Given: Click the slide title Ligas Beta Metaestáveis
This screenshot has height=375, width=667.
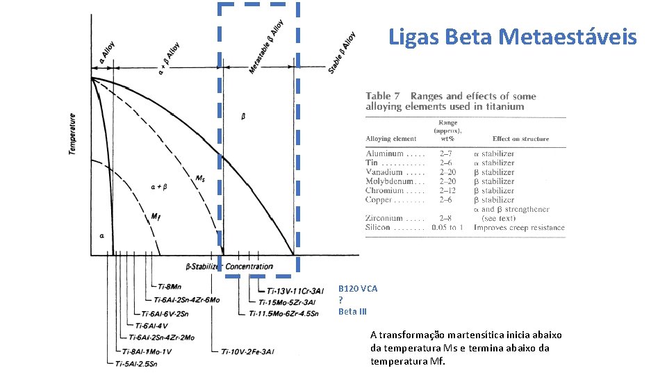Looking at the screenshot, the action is point(512,36).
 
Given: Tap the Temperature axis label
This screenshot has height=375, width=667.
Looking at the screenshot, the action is point(73,135).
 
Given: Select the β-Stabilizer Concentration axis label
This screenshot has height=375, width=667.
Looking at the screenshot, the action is point(229,267).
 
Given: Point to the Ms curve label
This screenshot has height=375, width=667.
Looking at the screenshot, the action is point(200,179).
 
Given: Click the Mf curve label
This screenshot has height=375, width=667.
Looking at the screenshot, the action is point(156,217).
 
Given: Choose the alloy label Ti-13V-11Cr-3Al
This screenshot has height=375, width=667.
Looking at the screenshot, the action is point(291,291).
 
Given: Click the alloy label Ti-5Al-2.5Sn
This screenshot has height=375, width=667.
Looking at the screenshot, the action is point(136,363).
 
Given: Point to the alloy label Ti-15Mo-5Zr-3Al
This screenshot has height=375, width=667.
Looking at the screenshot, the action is point(287,302).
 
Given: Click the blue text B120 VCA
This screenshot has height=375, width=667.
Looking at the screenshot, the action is point(358,288).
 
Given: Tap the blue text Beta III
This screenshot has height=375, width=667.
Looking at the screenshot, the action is point(352,312).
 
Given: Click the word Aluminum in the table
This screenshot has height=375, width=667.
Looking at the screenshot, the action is point(385,153).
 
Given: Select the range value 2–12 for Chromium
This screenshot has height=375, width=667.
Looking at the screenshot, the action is point(448,190).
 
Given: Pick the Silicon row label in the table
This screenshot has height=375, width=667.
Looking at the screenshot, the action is point(379,228).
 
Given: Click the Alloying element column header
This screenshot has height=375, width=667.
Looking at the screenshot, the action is point(391,139).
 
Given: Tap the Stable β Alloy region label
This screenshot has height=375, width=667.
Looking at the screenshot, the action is point(342,54).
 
